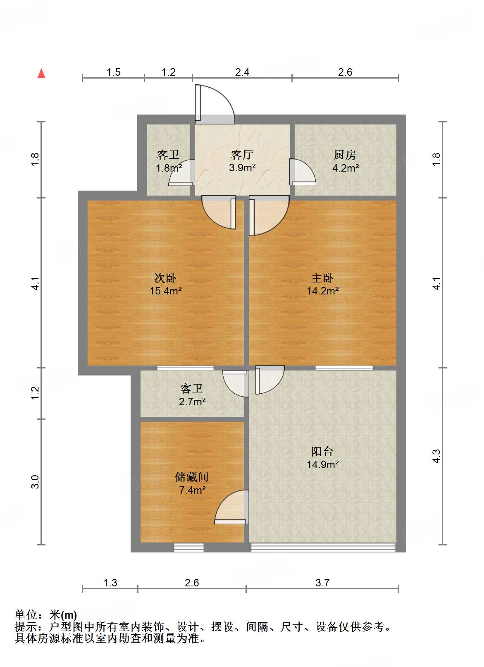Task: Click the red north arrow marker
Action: (41, 73)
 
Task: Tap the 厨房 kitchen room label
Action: (345, 155)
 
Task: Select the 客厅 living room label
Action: (242, 155)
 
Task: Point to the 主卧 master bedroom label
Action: (322, 278)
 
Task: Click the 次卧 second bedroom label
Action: (165, 278)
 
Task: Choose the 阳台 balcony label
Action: (322, 452)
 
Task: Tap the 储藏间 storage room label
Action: (192, 477)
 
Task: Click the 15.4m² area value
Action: (165, 291)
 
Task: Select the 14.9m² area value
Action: (322, 464)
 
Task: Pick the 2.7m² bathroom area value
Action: (192, 401)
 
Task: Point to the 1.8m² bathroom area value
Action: (169, 168)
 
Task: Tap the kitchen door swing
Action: (302, 172)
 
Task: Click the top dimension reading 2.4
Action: (242, 72)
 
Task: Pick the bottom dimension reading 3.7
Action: (322, 583)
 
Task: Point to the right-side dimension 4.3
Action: (436, 456)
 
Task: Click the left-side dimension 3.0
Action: (36, 482)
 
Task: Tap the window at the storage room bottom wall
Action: (188, 547)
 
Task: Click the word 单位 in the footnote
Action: (26, 615)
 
